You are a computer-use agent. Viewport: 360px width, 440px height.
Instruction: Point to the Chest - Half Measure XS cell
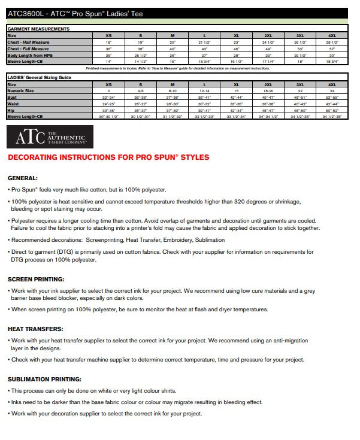pos(108,43)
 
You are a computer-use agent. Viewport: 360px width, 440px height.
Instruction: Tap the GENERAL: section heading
pos(22,178)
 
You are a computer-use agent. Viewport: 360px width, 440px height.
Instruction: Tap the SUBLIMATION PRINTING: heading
pos(44,379)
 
